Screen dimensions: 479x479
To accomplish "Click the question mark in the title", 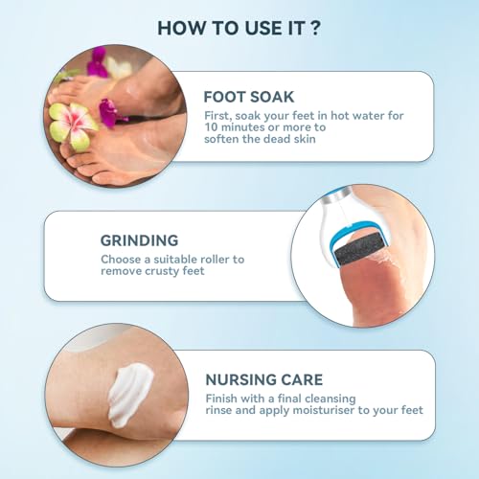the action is tap(315, 28).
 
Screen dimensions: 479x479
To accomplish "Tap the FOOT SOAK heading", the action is tap(249, 97).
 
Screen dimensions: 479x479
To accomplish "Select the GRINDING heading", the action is tap(139, 240).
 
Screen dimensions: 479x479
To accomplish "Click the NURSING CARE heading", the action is tap(264, 379).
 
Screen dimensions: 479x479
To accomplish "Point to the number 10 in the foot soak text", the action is tap(211, 127).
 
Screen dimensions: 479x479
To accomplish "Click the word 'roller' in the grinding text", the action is tap(215, 259).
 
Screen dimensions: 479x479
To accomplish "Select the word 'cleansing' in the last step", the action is tap(331, 399).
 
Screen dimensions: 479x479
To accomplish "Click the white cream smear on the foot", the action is tap(130, 394).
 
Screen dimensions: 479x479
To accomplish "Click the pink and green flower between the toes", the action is tap(73, 124).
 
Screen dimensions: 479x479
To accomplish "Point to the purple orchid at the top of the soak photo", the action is tap(97, 62).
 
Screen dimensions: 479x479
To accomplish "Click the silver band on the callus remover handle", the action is tap(339, 194).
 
